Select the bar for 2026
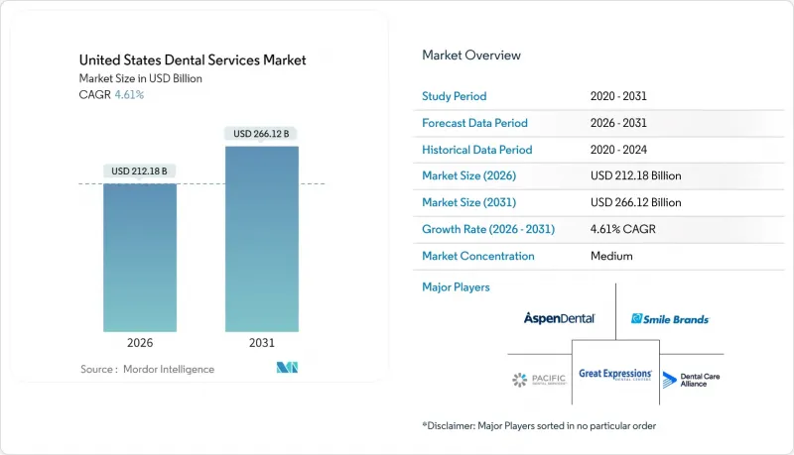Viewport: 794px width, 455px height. (140, 258)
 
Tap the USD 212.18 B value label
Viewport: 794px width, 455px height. (140, 171)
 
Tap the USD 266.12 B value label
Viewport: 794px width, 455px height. (262, 134)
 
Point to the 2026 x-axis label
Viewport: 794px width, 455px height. (140, 343)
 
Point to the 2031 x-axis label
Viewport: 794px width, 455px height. (262, 343)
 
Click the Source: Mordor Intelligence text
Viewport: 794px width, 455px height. (147, 369)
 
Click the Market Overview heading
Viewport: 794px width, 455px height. (471, 56)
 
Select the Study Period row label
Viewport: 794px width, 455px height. (455, 97)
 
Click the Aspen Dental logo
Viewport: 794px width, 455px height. (560, 318)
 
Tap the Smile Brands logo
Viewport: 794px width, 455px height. (670, 319)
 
